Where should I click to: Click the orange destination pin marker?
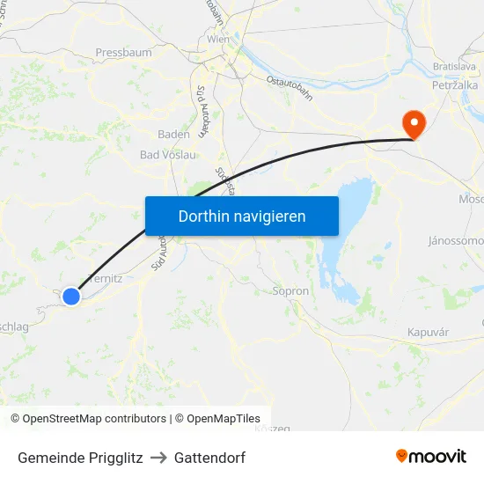coord(412,124)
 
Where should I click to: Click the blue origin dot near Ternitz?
coord(71,297)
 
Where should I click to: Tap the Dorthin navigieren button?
coord(242,216)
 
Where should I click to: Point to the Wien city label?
coord(218,40)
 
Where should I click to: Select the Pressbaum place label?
coord(123,53)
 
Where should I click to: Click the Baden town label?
coord(173,135)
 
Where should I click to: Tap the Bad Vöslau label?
coord(167,155)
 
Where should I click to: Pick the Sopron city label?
coord(290,291)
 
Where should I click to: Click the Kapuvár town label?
coord(429,332)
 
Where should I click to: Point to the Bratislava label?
coord(454,67)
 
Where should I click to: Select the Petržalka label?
coord(454,86)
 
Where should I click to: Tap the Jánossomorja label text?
coord(456,240)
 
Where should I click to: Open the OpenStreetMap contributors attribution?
coord(88,419)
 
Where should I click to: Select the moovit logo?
coord(431,456)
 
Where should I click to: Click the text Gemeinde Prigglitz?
coord(80,458)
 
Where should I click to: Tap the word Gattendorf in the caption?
coord(209,458)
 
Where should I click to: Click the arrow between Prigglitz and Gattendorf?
coord(158,458)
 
